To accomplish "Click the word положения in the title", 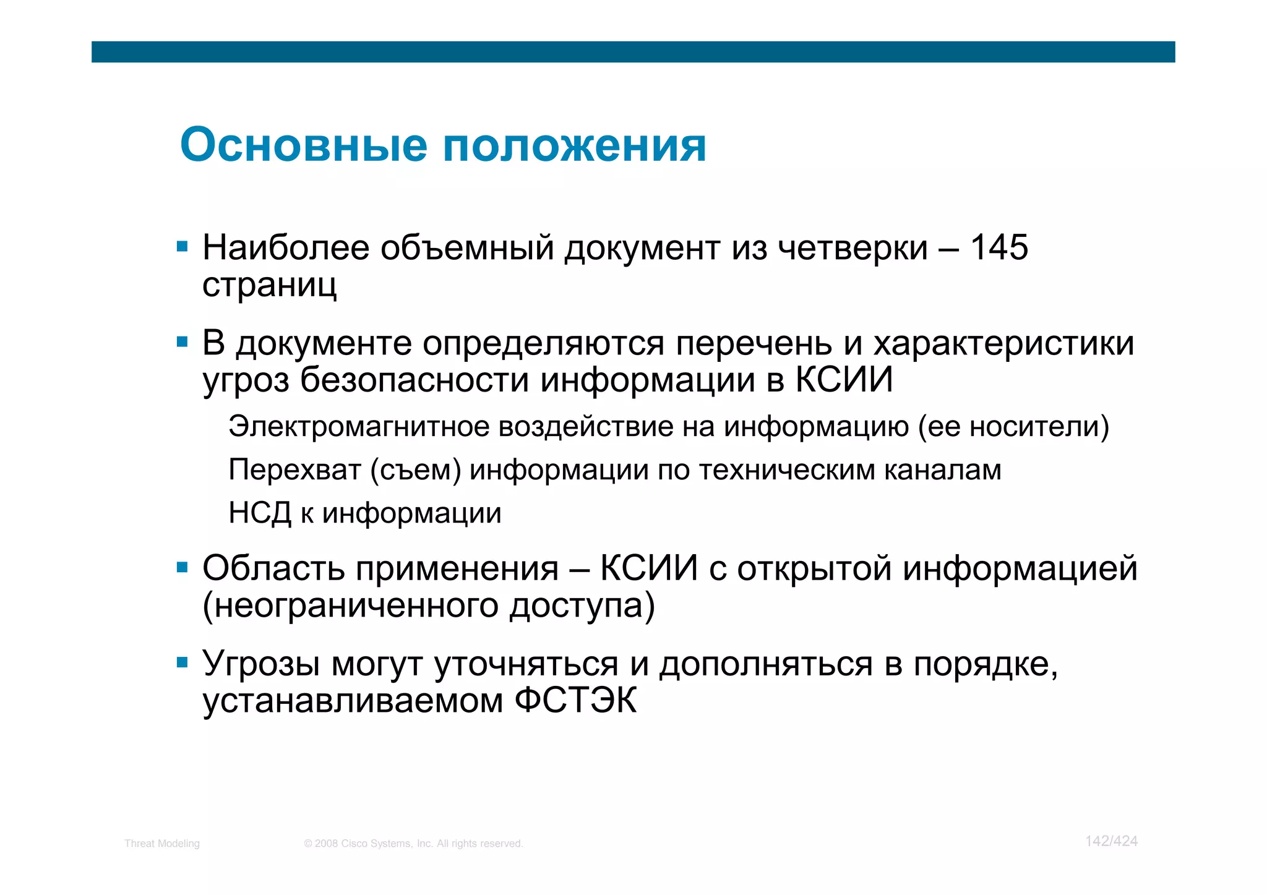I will coord(575,146).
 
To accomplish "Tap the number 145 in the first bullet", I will coord(999,247).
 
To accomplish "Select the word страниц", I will coord(270,285).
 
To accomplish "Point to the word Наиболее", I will coord(285,247).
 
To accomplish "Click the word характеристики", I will coord(1003,343).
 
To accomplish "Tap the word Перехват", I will coord(294,470).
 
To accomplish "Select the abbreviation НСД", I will coord(259,513).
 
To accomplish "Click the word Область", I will coord(273,568).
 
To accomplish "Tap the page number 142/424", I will coord(1111,841).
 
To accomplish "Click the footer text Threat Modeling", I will coord(162,844).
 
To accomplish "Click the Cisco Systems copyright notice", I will coord(413,844).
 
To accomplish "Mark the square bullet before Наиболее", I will coord(182,247).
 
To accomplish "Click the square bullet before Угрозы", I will coord(182,664).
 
